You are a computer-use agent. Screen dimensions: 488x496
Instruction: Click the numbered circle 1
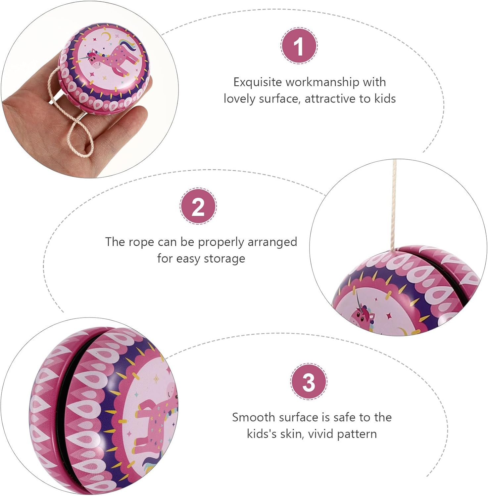(x=299, y=46)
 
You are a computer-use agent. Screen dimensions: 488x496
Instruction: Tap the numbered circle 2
(x=198, y=206)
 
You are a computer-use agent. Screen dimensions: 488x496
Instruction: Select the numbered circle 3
(x=309, y=382)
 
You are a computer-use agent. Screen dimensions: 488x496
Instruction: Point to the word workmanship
(x=322, y=82)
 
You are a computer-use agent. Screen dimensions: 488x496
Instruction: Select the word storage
(x=224, y=259)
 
